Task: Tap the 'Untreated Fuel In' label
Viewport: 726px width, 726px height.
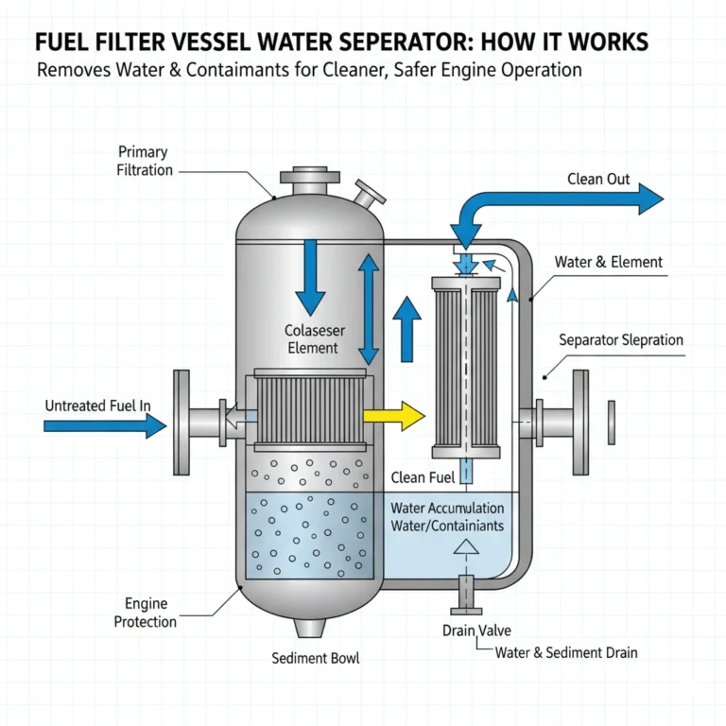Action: pos(97,406)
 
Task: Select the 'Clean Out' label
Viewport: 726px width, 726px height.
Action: pos(598,179)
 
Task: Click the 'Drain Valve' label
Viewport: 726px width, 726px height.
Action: pos(470,631)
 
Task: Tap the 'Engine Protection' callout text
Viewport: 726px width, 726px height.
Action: pos(146,612)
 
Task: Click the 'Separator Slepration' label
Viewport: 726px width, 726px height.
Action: pos(620,339)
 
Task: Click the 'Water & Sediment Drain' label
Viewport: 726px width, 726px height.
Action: pos(566,652)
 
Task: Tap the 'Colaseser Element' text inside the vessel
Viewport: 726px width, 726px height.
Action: pos(311,339)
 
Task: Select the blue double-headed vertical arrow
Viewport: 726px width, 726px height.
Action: pos(368,311)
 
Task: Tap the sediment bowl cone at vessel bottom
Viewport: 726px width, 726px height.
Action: pos(310,629)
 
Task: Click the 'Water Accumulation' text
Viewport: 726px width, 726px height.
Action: pos(447,509)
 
